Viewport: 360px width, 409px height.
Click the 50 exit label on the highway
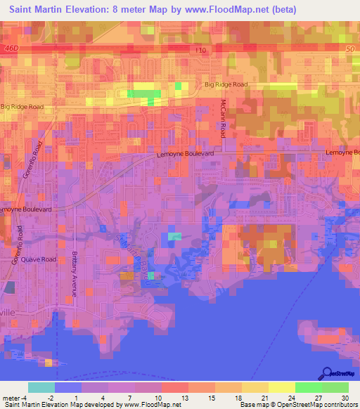coord(350,46)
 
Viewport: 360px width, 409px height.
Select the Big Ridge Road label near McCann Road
coord(226,84)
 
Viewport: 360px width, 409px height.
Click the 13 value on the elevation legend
coord(187,397)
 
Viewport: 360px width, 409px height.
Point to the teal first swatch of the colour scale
coord(41,387)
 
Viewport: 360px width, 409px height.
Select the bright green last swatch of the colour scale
coord(335,387)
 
